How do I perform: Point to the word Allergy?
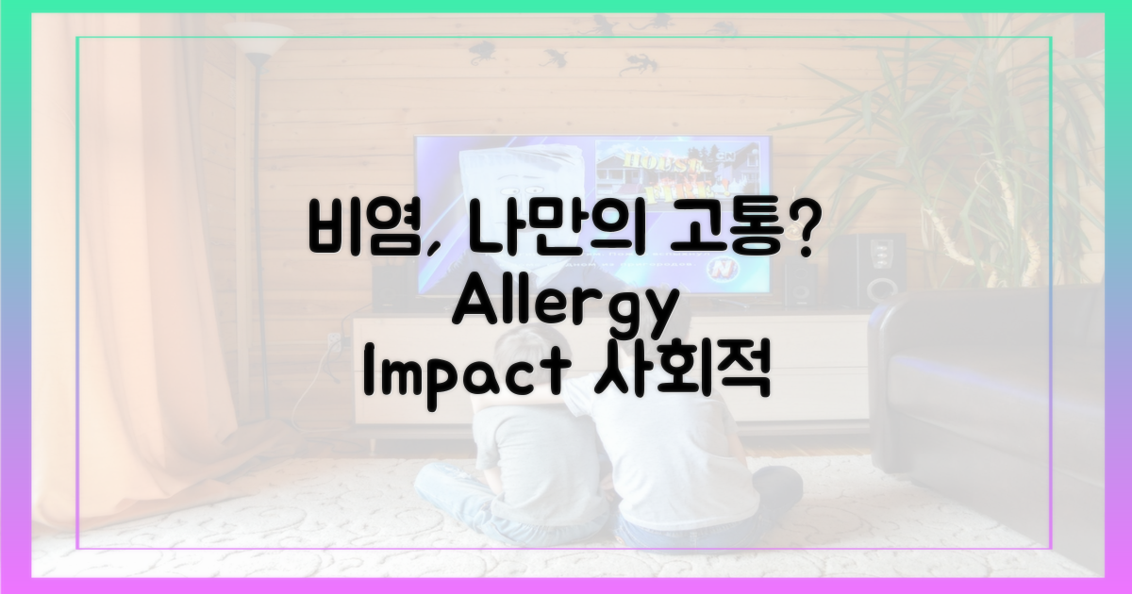566,307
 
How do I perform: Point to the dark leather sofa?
1000,396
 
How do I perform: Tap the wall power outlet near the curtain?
332,340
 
